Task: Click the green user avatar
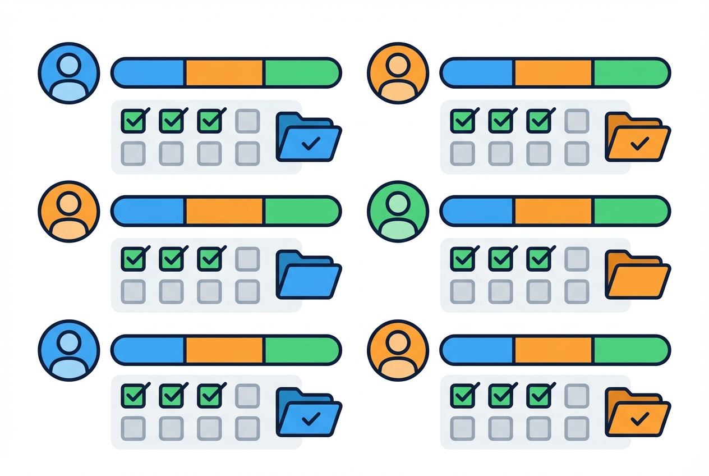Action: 398,211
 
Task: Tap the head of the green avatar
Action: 398,203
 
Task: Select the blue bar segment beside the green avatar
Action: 478,210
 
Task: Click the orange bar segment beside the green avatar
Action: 553,210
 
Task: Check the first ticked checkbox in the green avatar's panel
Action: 462,259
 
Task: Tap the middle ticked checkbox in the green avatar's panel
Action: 500,259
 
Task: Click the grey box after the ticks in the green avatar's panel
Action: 577,259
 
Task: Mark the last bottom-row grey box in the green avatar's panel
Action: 577,291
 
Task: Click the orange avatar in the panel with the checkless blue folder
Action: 68,211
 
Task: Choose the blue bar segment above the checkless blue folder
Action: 149,210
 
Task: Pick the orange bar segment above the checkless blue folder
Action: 224,210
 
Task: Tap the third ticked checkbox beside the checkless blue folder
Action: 209,259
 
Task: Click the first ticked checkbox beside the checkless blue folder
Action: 133,259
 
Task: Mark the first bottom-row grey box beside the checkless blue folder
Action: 133,291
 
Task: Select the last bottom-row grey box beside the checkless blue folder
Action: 247,291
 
